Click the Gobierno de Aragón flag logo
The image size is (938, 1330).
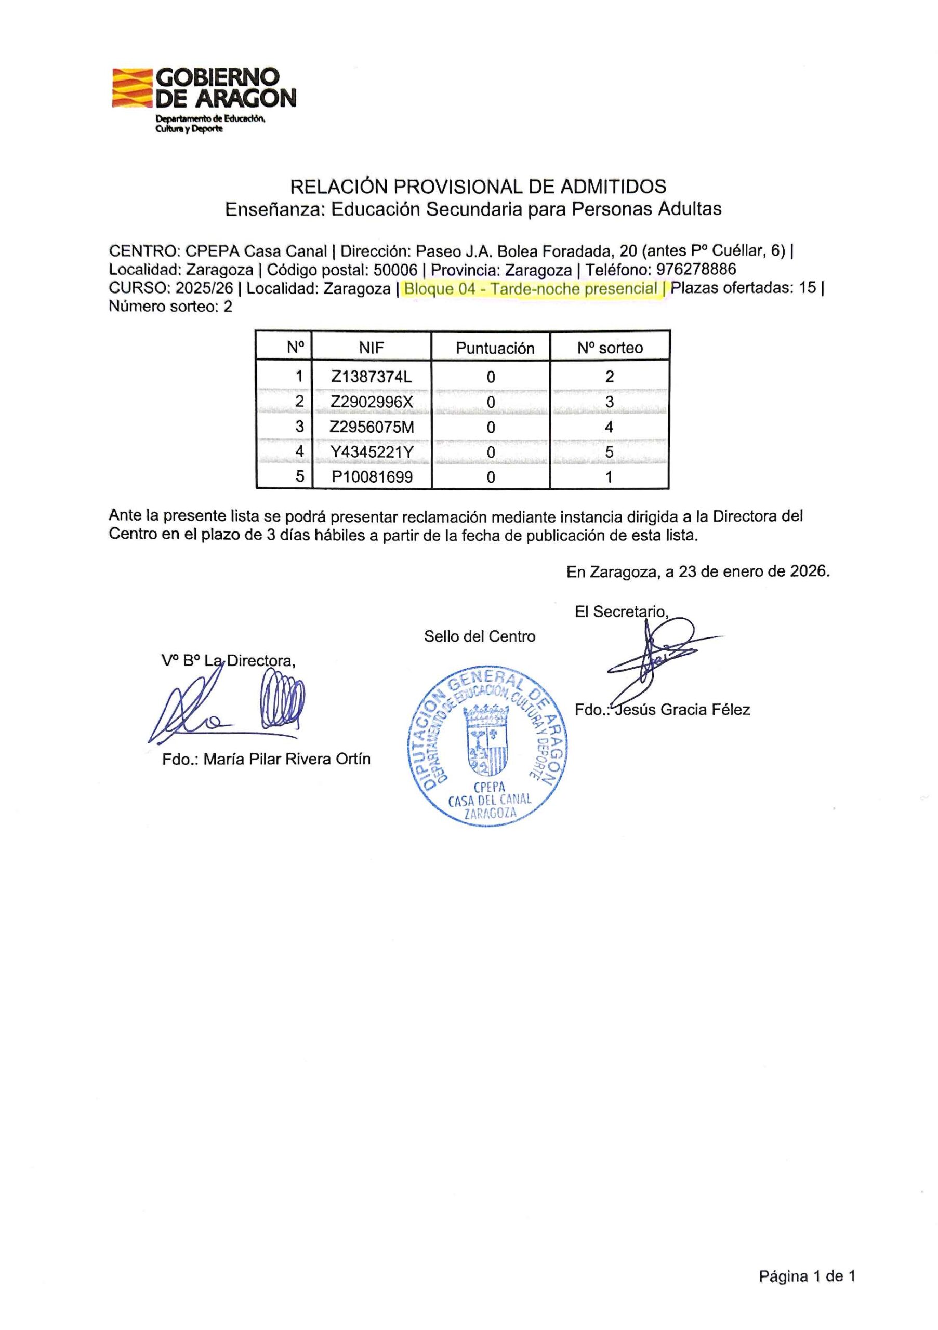(133, 87)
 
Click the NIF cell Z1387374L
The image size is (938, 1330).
(371, 377)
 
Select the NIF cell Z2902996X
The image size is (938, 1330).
(371, 402)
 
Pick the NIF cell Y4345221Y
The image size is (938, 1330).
(371, 452)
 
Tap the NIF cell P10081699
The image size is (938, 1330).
(371, 477)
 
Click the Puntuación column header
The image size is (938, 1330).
(494, 348)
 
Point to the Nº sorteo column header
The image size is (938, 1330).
(610, 348)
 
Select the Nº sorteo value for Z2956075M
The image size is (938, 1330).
(609, 428)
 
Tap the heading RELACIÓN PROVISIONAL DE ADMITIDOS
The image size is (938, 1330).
(478, 187)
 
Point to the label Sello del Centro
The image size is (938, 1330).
(479, 636)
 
